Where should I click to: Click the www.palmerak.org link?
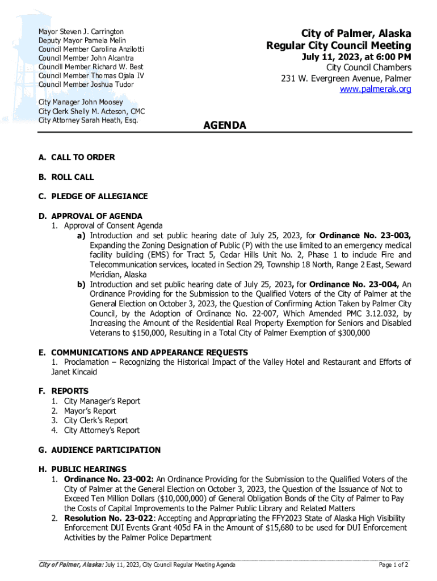point(375,89)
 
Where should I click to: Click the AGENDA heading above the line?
point(225,125)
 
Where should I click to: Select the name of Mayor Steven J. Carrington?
point(81,31)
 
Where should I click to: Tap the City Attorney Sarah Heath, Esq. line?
point(88,120)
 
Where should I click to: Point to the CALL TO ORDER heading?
point(83,157)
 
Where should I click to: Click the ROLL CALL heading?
point(73,177)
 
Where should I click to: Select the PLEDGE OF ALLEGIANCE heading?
point(99,196)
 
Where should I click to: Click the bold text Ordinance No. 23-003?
point(365,235)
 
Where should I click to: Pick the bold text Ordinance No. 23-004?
point(354,284)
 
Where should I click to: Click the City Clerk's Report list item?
point(96,420)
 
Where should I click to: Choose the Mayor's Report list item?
point(90,411)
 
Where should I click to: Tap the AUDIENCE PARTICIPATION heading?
point(106,450)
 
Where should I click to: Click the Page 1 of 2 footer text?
point(393,565)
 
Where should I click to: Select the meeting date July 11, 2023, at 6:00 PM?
point(356,57)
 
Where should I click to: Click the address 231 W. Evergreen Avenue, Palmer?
point(346,78)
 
